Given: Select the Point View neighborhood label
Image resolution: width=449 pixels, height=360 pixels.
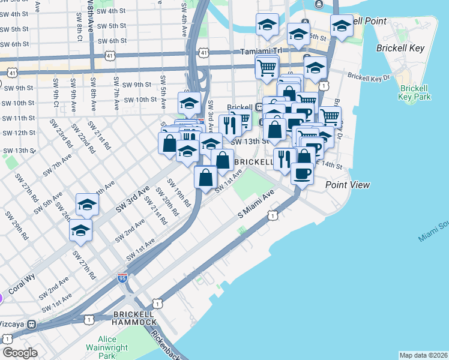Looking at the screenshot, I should [x=348, y=185].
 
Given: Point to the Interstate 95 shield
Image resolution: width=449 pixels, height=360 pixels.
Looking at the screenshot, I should [x=122, y=278].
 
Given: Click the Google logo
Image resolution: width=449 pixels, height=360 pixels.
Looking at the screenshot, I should [x=20, y=353].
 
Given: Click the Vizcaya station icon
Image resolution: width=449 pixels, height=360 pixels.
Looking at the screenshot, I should [x=31, y=324].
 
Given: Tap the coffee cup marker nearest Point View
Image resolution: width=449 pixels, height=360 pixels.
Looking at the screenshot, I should [x=302, y=173].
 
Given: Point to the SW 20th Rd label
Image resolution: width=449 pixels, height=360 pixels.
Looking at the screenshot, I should [x=166, y=201].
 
